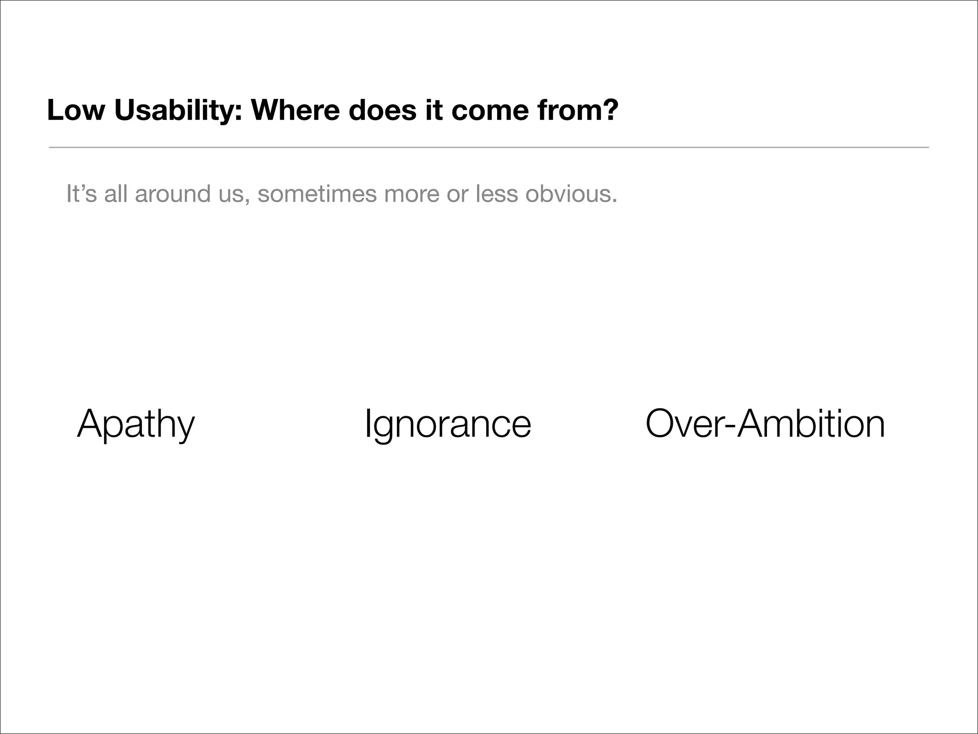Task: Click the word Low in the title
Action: pos(75,110)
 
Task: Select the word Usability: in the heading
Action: pos(179,110)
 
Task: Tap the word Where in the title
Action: pos(296,110)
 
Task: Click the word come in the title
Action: pos(489,110)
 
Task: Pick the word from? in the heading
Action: pos(578,110)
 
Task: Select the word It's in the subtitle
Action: pos(81,194)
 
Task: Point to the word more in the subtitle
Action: pos(409,194)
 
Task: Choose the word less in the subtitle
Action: pos(496,194)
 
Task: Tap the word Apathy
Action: pos(136,424)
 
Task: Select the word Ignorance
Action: pos(447,424)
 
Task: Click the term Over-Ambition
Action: pos(765,424)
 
